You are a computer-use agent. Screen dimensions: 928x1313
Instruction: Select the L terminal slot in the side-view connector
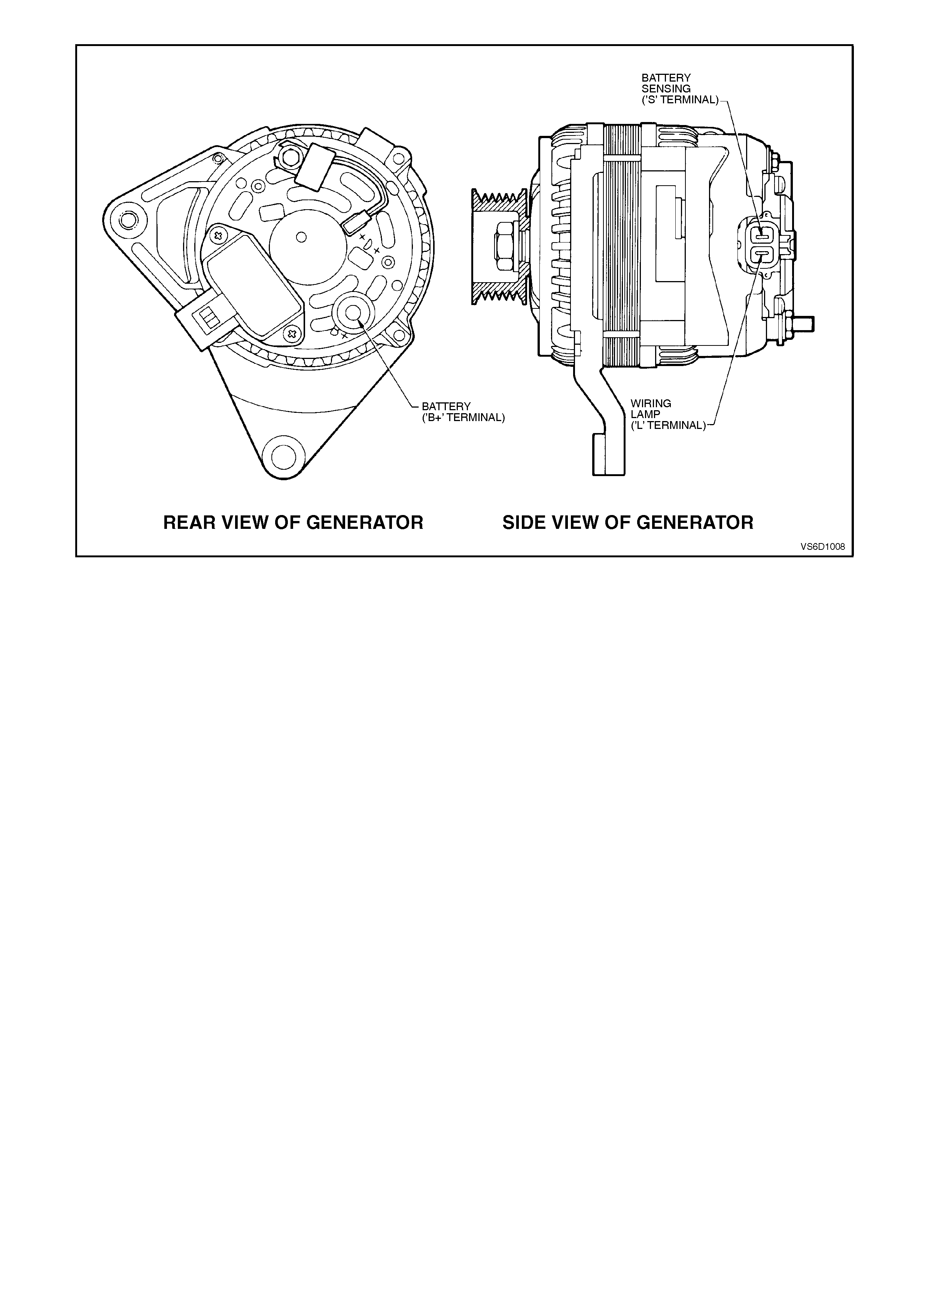762,253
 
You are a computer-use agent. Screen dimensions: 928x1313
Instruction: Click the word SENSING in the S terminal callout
666,89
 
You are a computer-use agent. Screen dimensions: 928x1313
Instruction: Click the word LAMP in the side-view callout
645,414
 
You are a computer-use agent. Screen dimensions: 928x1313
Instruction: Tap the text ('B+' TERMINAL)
463,418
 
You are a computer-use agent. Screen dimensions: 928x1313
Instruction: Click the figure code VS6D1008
822,546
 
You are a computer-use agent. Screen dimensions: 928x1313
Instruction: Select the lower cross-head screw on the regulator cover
292,334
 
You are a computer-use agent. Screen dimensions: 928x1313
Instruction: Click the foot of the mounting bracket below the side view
609,455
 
